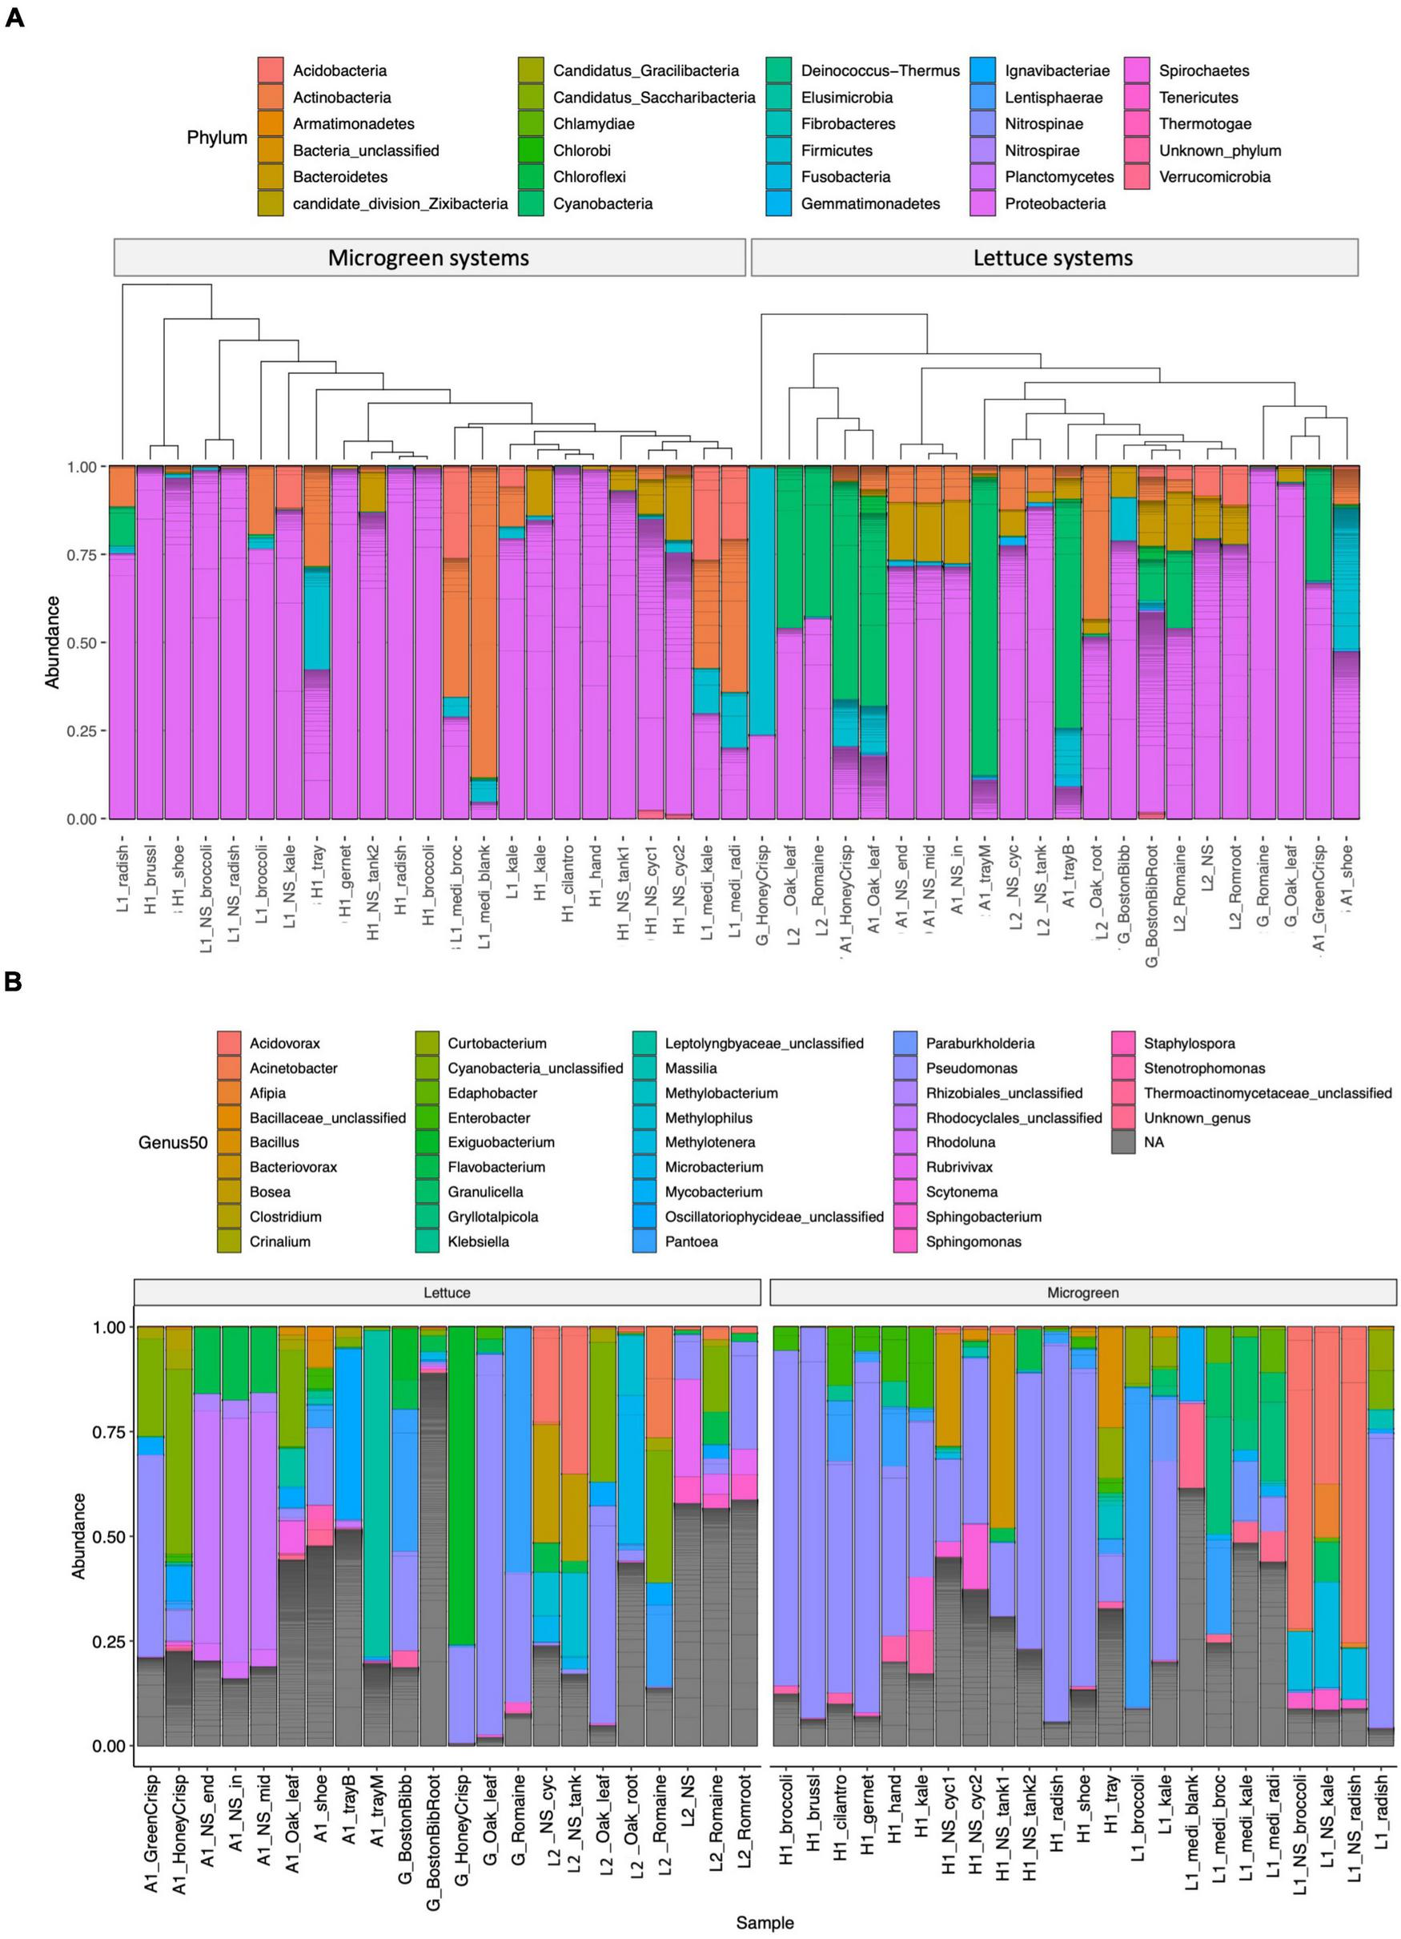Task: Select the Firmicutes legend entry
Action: tap(836, 151)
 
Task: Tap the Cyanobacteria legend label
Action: tap(603, 203)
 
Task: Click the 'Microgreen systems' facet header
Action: tap(429, 258)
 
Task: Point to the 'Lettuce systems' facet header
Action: tap(1053, 258)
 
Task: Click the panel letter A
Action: tap(14, 18)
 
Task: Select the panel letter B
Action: tap(13, 981)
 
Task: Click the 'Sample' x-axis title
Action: tap(765, 1923)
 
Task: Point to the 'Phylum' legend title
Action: tap(217, 138)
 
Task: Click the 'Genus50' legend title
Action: tap(173, 1142)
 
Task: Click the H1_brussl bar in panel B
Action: tap(813, 1539)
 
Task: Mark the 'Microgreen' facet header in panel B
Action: tap(1082, 1293)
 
